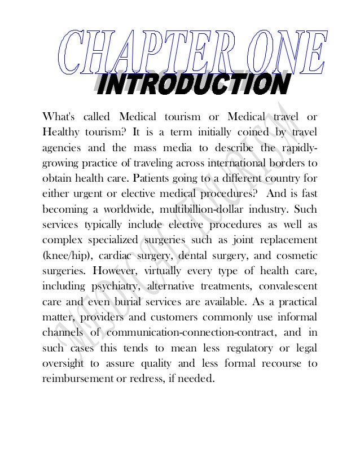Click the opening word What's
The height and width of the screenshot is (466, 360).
[59, 117]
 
